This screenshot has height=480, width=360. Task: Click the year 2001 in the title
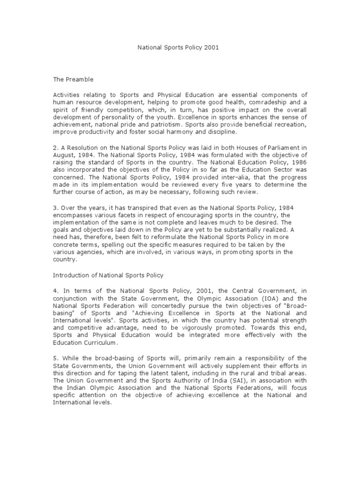coord(211,47)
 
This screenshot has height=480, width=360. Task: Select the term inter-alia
coord(228,178)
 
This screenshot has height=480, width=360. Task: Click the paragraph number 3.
coord(55,208)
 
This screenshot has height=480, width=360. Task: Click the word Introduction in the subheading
coord(73,275)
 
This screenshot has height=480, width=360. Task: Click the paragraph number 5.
coord(55,358)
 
